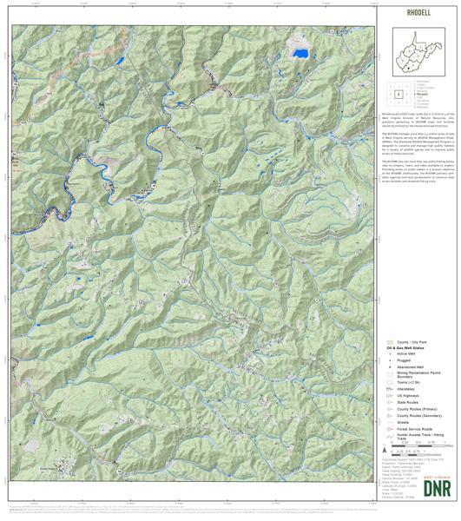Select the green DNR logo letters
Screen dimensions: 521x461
coord(425,487)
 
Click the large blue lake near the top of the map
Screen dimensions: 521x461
coord(300,53)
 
